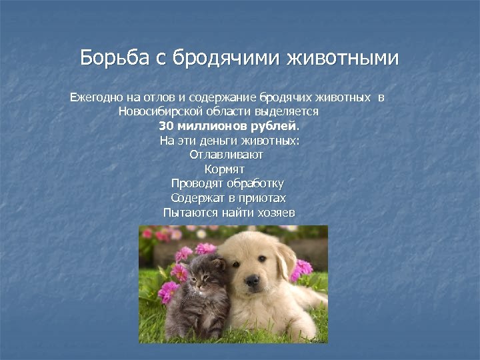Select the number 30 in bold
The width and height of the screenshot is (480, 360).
click(x=166, y=126)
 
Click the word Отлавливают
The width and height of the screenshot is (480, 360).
click(x=227, y=155)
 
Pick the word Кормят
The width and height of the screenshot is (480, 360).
click(x=224, y=169)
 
